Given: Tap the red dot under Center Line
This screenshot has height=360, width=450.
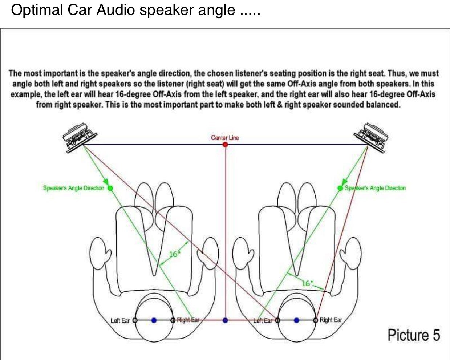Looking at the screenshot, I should tap(225, 145).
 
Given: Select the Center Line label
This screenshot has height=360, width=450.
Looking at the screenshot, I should tap(225, 138).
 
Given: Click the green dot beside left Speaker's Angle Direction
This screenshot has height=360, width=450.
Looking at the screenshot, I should tap(110, 188).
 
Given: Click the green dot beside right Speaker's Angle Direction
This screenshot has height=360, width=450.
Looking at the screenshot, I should tap(340, 188).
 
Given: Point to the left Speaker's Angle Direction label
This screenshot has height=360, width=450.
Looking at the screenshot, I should tap(73, 188).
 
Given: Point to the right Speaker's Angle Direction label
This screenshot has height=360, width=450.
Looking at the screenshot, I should tap(375, 188).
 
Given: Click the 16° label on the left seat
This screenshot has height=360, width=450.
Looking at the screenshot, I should tap(174, 254).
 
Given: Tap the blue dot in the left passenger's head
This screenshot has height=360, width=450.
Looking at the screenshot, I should tap(154, 320).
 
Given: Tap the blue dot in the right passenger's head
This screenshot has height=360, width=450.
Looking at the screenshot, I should tap(297, 320).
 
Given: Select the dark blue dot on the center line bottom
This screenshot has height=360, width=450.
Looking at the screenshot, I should tap(225, 320).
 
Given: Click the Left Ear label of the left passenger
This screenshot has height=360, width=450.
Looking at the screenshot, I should tap(120, 320).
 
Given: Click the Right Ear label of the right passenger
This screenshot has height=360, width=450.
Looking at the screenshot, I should tap(331, 320).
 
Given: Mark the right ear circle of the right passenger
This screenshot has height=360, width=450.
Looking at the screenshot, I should tap(316, 320).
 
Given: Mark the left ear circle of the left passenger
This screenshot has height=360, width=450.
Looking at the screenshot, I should tap(135, 320).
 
